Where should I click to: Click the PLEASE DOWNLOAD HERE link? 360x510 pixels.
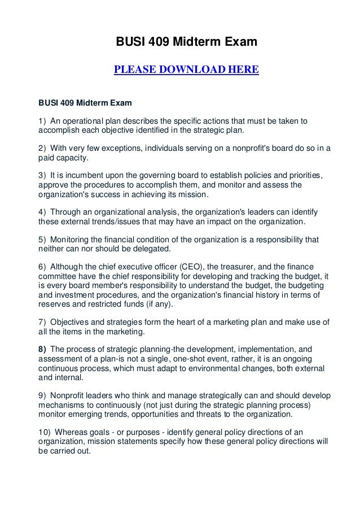coord(186,70)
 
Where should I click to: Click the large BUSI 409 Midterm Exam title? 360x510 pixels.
coord(186,42)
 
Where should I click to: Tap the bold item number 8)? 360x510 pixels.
coord(42,348)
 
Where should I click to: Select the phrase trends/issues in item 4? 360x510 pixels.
coord(109,221)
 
